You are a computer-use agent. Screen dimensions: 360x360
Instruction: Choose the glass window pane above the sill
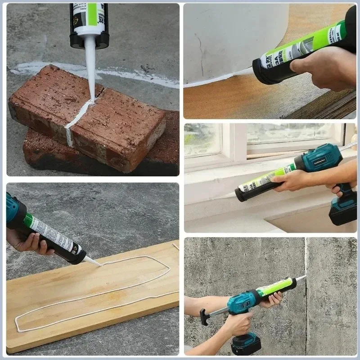tap(202, 139)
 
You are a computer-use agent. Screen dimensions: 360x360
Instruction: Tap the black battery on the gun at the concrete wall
tap(246, 345)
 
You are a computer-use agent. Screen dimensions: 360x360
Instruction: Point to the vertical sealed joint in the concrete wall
tap(306, 256)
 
